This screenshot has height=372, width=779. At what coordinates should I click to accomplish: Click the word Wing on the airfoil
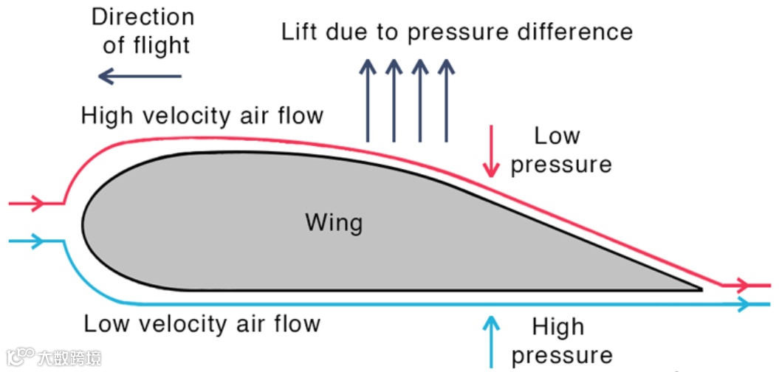point(334,221)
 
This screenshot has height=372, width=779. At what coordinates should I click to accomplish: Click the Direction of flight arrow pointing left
point(140,75)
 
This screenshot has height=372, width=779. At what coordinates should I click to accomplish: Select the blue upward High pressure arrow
point(491,340)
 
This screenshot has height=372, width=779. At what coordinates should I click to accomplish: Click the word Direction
point(143,16)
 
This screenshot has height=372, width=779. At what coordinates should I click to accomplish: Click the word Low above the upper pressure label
point(557,136)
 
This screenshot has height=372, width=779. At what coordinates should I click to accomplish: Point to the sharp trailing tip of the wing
point(699,289)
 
